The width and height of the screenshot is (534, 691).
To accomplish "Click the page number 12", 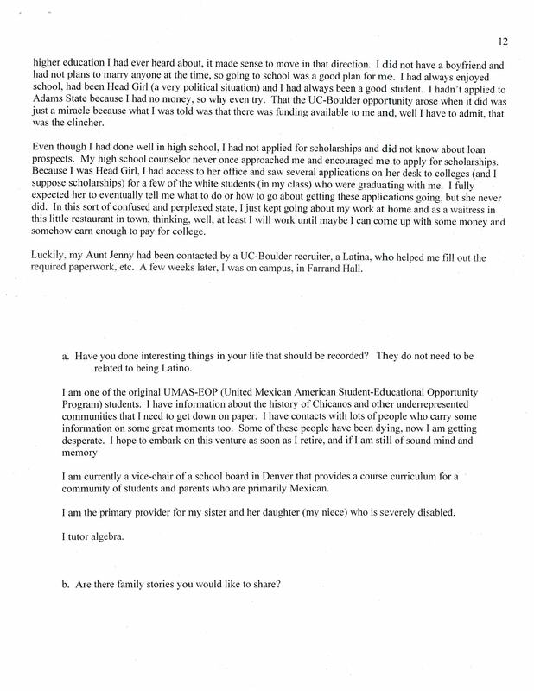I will pyautogui.click(x=505, y=39).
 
